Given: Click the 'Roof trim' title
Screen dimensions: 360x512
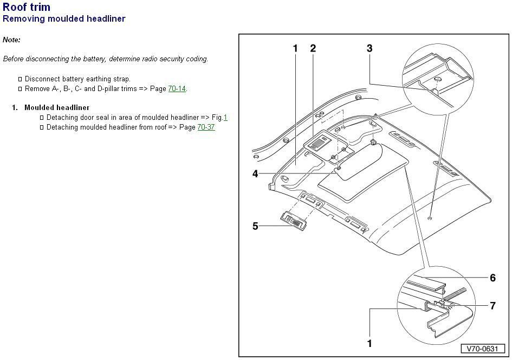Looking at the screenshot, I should pos(27,7).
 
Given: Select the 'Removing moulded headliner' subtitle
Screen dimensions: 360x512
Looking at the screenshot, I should pos(64,19).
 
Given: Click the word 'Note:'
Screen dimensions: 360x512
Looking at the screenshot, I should pos(11,40).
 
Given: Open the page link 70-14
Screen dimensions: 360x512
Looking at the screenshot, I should pos(177,88).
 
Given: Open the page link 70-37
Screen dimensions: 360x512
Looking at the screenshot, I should pos(206,127).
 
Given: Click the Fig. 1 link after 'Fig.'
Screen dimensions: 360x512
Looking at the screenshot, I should pos(225,117).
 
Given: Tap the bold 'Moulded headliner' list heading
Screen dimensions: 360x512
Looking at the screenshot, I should pos(57,107).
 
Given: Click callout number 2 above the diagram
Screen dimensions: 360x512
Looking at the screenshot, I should pos(313,48).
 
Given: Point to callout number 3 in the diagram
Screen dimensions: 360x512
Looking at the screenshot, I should pos(370,48).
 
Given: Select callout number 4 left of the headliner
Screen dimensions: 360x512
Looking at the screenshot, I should pos(255,174).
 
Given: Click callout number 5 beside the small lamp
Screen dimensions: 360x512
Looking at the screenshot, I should pos(255,226).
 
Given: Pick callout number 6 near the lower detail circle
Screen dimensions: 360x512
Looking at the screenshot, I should pos(492,278).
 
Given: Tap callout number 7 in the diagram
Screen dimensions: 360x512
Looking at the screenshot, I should pos(492,306).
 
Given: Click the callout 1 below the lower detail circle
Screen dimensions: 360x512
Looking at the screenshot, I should pos(370,343).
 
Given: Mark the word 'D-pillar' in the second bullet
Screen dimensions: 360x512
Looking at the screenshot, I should pos(126,88).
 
